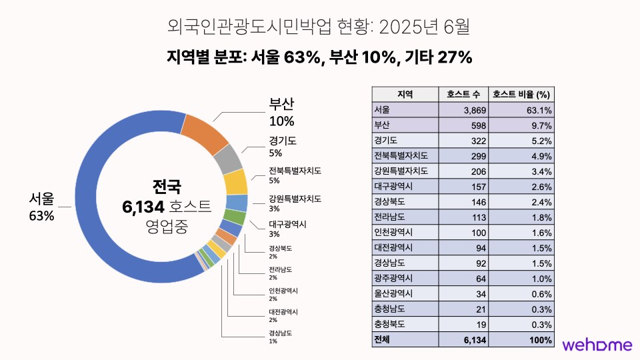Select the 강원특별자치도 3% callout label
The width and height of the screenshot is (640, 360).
click(x=295, y=203)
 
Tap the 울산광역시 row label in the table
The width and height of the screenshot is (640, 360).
click(x=394, y=294)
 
